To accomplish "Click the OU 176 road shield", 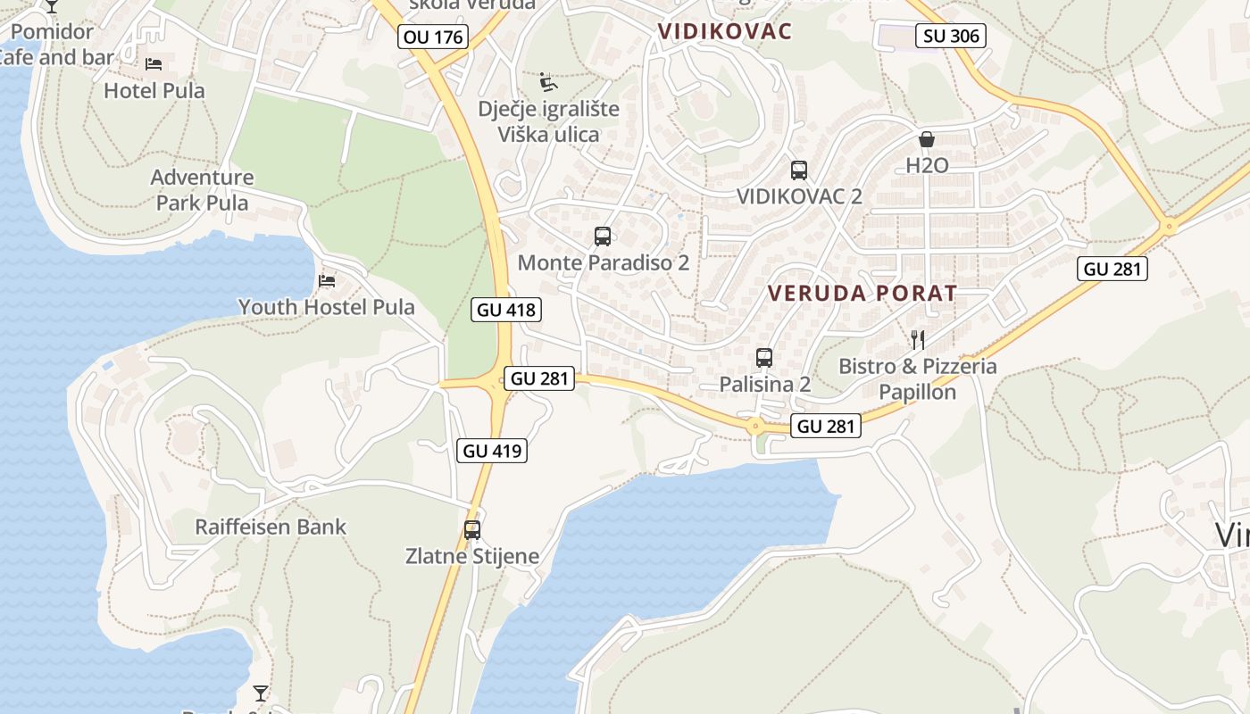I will (x=434, y=37).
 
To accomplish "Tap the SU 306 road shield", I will (x=952, y=36).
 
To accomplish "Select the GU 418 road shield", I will (x=506, y=310).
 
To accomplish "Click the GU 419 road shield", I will (x=493, y=451).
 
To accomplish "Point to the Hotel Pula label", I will (x=154, y=90).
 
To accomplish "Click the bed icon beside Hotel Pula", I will (x=154, y=64).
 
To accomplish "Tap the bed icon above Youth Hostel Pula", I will (x=327, y=281).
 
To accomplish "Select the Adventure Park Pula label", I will (x=202, y=190).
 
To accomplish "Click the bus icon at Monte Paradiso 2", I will (x=603, y=237).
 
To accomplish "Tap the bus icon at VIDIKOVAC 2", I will (x=799, y=170).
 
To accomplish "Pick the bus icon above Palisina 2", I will (x=764, y=358).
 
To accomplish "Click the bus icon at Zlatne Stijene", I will (x=472, y=529).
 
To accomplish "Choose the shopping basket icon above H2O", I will (x=927, y=139).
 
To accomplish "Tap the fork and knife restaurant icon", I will (x=917, y=339).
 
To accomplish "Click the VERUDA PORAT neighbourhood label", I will (x=862, y=293).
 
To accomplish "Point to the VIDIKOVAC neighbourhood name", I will (x=725, y=31).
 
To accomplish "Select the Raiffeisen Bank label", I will (x=271, y=527).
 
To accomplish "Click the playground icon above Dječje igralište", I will (x=548, y=83).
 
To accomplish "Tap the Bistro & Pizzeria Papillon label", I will (x=918, y=379).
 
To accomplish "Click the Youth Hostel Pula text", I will (x=326, y=307).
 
